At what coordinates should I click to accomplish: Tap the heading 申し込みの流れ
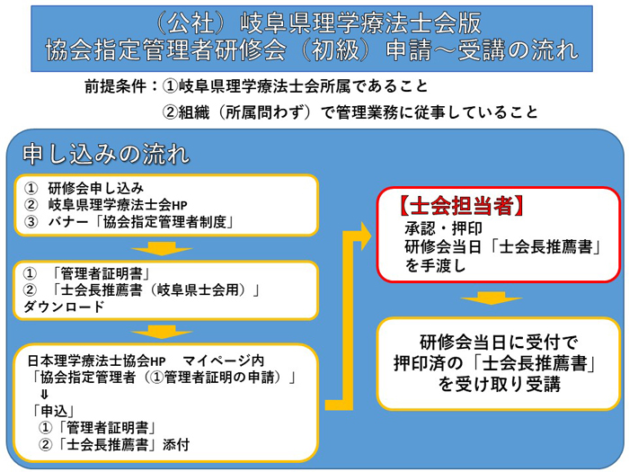(106, 154)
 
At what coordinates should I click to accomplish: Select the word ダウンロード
(64, 307)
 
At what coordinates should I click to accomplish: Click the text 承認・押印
(443, 228)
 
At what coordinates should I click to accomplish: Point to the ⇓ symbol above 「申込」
(44, 394)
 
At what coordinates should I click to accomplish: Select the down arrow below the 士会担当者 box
(492, 298)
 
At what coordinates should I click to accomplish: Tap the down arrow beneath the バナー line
(162, 248)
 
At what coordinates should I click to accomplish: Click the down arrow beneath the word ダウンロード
(162, 332)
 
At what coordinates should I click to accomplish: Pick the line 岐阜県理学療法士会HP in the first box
(118, 205)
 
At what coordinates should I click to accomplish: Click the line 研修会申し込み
(96, 188)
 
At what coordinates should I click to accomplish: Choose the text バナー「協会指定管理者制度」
(141, 222)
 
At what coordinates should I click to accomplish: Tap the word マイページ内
(224, 361)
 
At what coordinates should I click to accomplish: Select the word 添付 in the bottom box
(176, 445)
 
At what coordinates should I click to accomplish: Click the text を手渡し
(435, 265)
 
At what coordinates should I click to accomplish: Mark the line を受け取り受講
(499, 384)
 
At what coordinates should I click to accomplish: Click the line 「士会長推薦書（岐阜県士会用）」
(155, 289)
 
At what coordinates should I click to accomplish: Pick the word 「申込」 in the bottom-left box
(54, 411)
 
